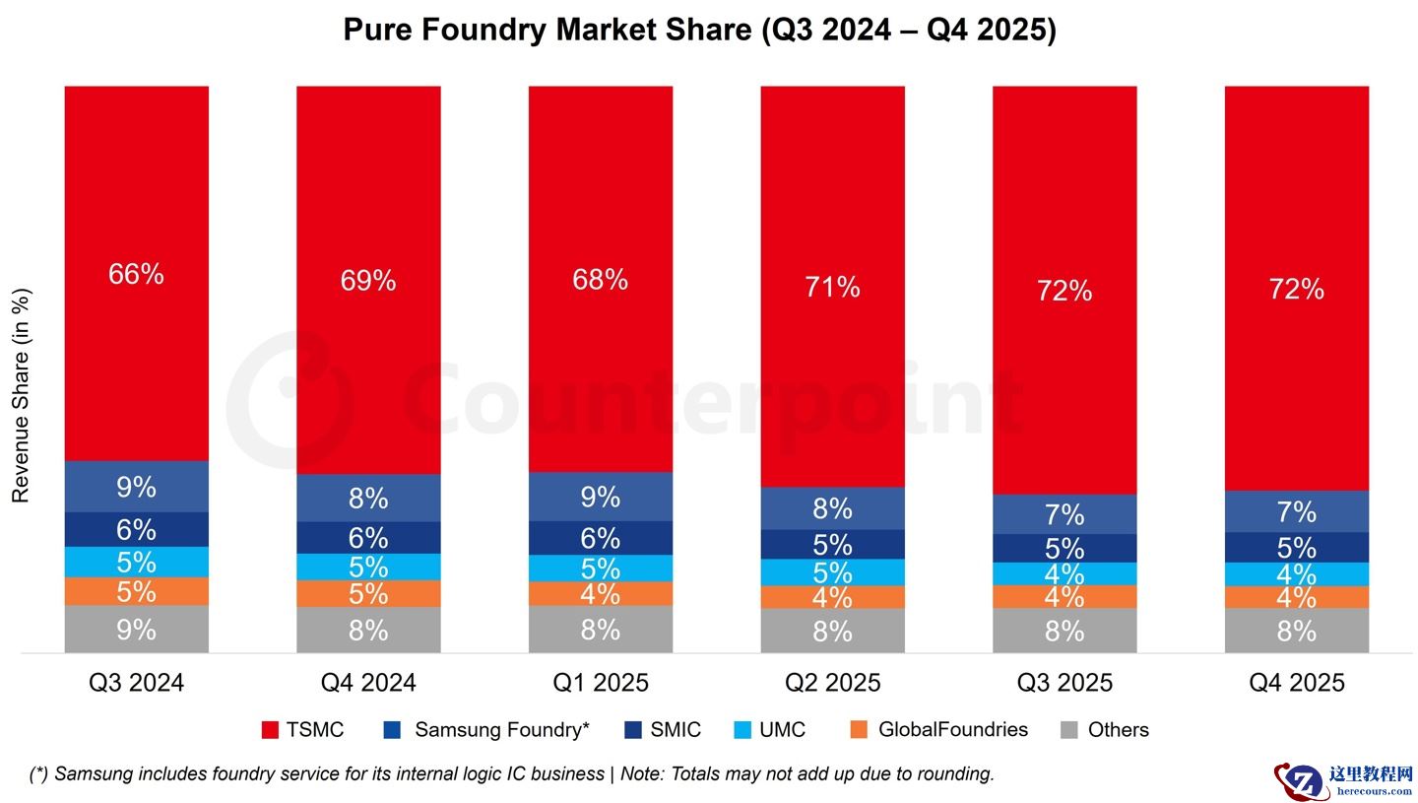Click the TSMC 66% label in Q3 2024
coord(136,274)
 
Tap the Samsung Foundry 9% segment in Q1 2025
coord(600,497)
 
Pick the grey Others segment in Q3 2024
coord(136,629)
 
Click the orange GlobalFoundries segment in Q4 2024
coord(368,593)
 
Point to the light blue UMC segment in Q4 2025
coord(1296,573)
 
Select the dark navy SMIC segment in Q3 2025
coord(1064,548)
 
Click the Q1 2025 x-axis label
coord(600,682)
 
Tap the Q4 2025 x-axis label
coord(1296,682)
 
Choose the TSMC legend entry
coord(303,730)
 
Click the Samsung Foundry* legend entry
coord(486,730)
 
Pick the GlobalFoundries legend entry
coord(938,730)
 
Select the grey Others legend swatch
coord(1068,730)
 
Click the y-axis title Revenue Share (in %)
coord(21,395)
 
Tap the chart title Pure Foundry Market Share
coord(699,30)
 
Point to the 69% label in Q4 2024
coord(368,281)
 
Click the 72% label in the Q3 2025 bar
coord(1064,291)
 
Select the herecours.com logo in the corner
coord(1345,780)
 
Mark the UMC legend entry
coord(771,730)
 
